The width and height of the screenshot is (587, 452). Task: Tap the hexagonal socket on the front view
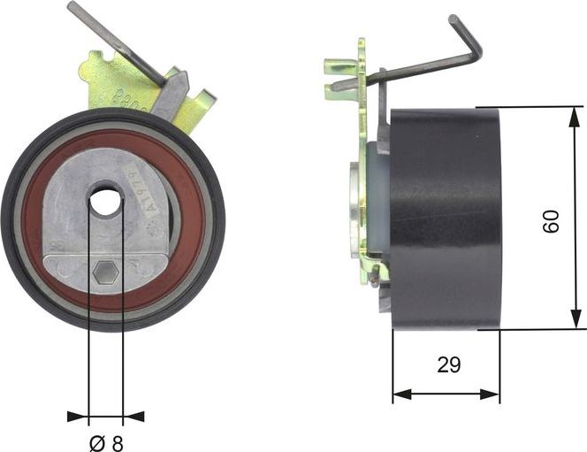tap(104, 273)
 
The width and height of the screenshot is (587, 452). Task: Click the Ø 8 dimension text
tap(106, 440)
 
